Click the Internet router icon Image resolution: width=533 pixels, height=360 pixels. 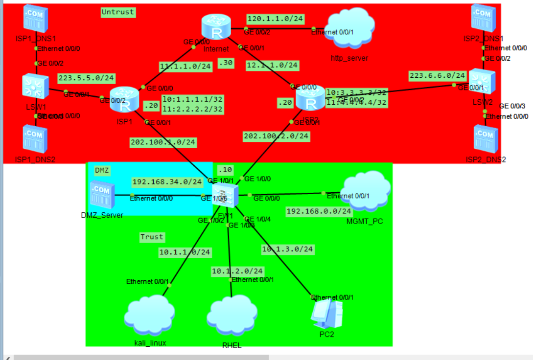(216, 26)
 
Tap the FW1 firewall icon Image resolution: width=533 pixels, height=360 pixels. (226, 196)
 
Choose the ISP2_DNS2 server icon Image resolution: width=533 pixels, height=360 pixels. (486, 139)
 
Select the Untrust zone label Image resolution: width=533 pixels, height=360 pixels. (117, 11)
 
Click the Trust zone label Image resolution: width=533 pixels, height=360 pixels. (152, 237)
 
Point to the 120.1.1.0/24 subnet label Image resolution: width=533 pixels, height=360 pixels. (275, 19)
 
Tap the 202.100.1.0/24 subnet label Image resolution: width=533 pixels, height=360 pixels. (163, 142)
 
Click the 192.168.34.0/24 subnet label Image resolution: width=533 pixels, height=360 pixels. (167, 182)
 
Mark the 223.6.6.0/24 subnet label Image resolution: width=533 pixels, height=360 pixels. (438, 75)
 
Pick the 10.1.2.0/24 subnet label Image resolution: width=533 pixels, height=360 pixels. (237, 270)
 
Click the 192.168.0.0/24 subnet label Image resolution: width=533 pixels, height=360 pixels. (319, 211)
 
